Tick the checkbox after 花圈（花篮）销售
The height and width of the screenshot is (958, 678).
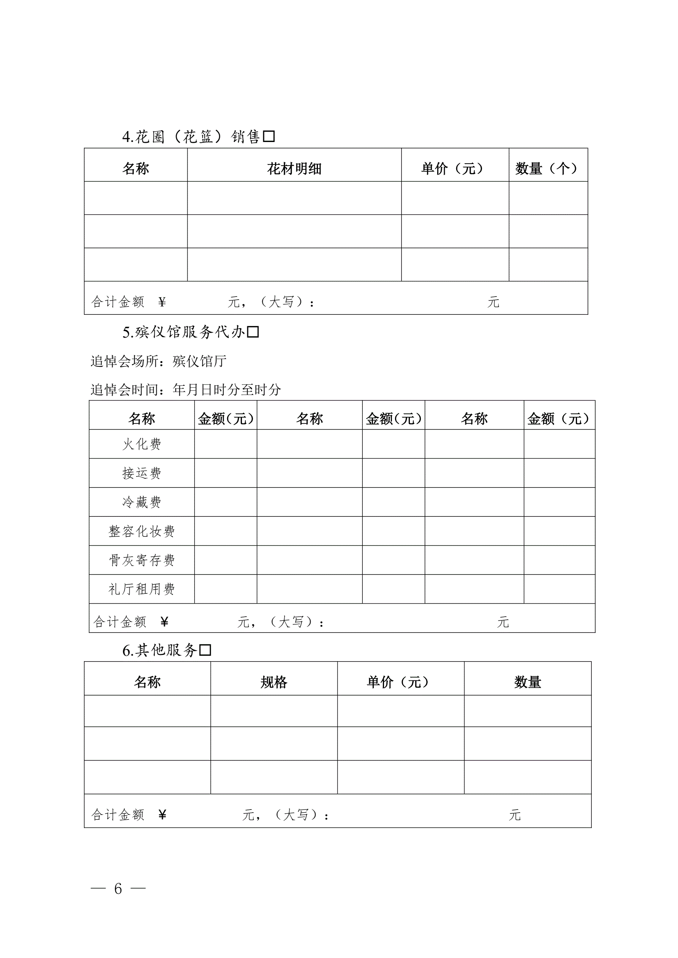tap(269, 136)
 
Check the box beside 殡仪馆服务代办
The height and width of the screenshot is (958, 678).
tap(253, 332)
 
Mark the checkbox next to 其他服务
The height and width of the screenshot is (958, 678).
tap(205, 650)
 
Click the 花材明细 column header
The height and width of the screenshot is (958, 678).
tap(294, 169)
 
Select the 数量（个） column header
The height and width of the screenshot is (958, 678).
tap(547, 169)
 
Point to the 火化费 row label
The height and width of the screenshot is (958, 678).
tap(142, 444)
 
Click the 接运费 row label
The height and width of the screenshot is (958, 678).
tap(142, 473)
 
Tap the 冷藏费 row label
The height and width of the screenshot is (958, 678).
tap(142, 502)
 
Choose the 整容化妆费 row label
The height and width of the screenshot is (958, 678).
tap(142, 531)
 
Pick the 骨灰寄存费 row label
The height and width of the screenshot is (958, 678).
tap(142, 560)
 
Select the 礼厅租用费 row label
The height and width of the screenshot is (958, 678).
tap(142, 589)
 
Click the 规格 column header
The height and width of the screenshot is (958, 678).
tap(274, 682)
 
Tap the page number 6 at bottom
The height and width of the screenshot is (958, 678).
tap(118, 889)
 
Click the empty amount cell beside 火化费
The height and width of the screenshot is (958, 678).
tap(226, 444)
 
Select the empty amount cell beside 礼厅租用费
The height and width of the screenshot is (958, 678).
tap(226, 589)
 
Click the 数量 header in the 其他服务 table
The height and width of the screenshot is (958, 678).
tap(528, 682)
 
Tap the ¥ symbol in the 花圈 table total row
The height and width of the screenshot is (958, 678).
tap(162, 302)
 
